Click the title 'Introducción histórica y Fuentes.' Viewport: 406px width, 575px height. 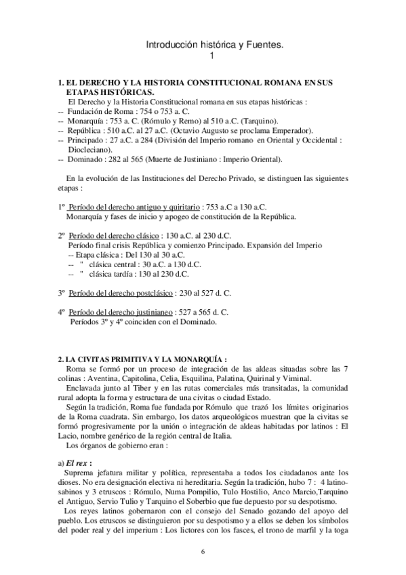pos(215,45)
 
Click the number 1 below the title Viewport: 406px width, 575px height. pos(212,56)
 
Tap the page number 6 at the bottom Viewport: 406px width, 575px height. pos(203,550)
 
